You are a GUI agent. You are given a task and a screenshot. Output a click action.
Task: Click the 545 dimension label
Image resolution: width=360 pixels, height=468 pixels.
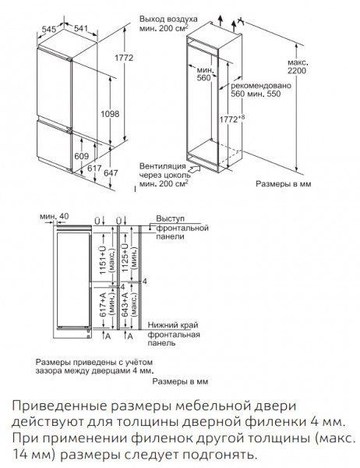coord(49,30)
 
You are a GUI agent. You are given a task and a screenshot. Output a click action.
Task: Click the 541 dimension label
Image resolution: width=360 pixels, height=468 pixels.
coord(81,28)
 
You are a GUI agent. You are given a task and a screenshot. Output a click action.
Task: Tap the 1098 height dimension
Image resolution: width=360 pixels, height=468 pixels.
coord(110,114)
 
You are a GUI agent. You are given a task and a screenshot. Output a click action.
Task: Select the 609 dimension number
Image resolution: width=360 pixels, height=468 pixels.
coord(81,156)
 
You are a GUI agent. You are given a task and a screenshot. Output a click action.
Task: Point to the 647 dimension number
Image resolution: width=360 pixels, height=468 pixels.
coord(111,173)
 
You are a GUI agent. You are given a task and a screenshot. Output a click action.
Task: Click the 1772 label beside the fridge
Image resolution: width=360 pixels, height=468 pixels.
coord(124,58)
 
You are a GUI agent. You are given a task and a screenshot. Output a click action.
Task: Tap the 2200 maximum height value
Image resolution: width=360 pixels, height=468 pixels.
coord(297,71)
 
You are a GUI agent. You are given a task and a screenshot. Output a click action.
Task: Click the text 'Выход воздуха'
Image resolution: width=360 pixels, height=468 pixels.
coord(168,19)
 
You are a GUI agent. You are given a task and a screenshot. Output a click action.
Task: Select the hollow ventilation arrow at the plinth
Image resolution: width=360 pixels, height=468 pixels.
coord(193,170)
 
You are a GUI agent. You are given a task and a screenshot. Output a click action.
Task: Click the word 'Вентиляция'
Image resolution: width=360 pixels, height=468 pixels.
coord(163,166)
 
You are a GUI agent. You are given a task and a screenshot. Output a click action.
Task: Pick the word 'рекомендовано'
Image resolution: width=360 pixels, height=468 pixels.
coord(261,86)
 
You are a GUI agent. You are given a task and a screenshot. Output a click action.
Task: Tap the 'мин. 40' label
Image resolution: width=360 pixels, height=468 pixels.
coord(55,216)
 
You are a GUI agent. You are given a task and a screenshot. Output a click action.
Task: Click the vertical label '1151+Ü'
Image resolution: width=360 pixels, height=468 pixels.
coord(103,259)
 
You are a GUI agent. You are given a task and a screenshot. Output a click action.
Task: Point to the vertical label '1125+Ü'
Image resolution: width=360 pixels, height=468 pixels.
coord(125,257)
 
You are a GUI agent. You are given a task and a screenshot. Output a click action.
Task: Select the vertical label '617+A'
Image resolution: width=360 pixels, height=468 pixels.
coord(103,305)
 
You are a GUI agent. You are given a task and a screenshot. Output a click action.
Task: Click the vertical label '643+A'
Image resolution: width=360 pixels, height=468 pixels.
coord(125,304)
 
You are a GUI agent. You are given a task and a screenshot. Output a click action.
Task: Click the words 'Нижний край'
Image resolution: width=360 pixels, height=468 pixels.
coord(173,324)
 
